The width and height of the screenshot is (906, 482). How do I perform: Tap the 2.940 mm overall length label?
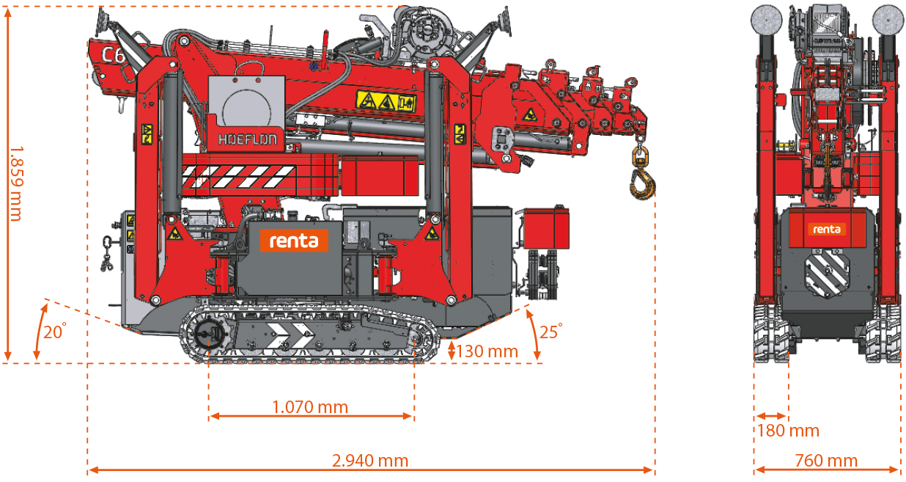pyautogui.click(x=369, y=461)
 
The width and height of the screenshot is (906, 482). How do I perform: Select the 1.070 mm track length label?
pyautogui.click(x=309, y=406)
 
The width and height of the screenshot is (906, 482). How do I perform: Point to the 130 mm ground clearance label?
pyautogui.click(x=487, y=351)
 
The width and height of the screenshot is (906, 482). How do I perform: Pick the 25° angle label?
pyautogui.click(x=550, y=331)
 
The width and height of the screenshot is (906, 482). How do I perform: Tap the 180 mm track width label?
pyautogui.click(x=787, y=431)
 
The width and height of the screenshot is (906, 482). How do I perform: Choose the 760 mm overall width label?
pyautogui.click(x=825, y=461)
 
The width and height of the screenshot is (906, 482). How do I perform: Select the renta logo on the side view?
pyautogui.click(x=293, y=239)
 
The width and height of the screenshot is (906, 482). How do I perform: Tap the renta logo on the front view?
pyautogui.click(x=827, y=230)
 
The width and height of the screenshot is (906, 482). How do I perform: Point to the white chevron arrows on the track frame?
pyautogui.click(x=287, y=337)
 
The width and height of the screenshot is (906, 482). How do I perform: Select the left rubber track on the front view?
pyautogui.click(x=770, y=334)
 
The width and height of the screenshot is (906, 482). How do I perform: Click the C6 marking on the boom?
pyautogui.click(x=112, y=54)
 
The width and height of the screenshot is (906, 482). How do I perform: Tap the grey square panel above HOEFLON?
pyautogui.click(x=246, y=102)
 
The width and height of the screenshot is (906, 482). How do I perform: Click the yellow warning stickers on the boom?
pyautogui.click(x=386, y=101)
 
